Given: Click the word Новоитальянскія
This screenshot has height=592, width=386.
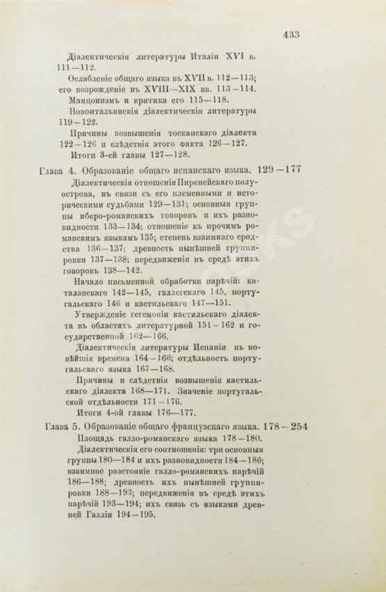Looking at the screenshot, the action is [x=112, y=110].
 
